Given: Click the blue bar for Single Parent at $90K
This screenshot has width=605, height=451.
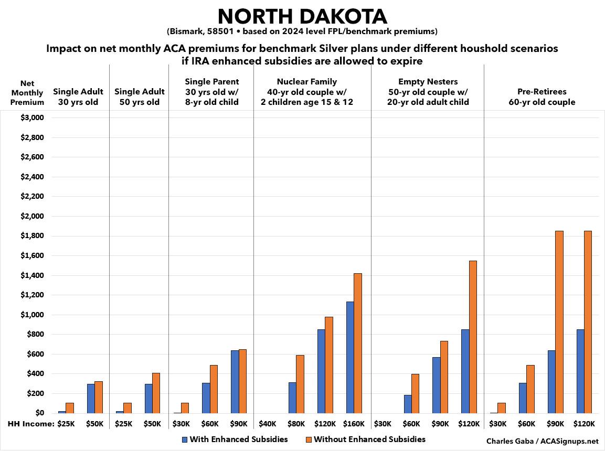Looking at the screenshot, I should point(235,382).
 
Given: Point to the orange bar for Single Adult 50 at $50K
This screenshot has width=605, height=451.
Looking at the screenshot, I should point(156,393).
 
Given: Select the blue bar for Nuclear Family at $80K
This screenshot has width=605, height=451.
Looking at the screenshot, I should point(292,398).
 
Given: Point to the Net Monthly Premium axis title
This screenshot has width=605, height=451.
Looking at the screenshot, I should point(27,93).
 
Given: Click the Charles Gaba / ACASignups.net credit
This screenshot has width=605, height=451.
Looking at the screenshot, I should point(542,441).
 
